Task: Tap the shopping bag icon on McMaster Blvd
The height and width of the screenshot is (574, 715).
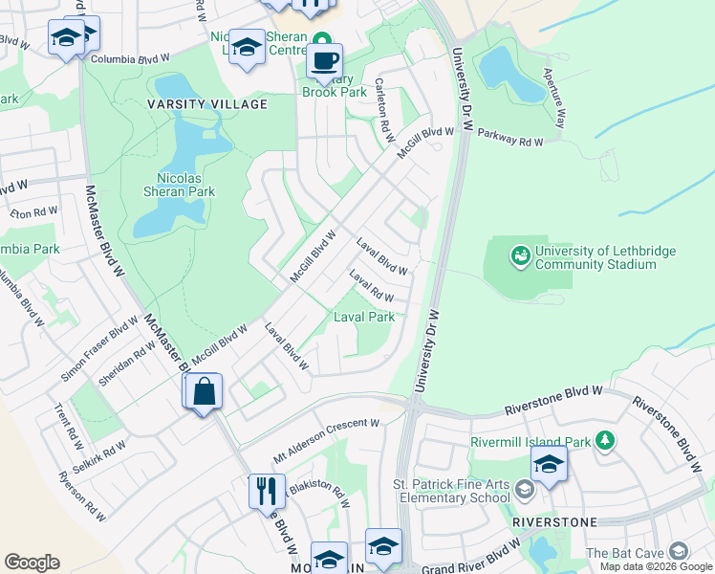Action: pyautogui.click(x=205, y=391)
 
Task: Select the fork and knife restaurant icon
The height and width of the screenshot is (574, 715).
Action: pyautogui.click(x=267, y=491)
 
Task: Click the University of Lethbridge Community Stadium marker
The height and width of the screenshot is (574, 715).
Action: pyautogui.click(x=521, y=254)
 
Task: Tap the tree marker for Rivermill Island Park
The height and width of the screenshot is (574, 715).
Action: pyautogui.click(x=603, y=440)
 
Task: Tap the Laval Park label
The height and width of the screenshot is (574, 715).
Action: pyautogui.click(x=363, y=317)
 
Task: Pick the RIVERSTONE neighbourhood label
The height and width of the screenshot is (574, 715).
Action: pyautogui.click(x=554, y=522)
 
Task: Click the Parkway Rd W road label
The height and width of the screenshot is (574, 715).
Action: pyautogui.click(x=510, y=139)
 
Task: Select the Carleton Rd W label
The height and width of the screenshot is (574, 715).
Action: pyautogui.click(x=383, y=110)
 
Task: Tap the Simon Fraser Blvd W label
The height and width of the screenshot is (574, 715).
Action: pyautogui.click(x=98, y=351)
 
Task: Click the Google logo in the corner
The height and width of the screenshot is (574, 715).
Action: pyautogui.click(x=32, y=563)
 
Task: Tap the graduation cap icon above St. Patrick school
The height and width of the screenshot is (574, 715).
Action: pyautogui.click(x=549, y=464)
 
